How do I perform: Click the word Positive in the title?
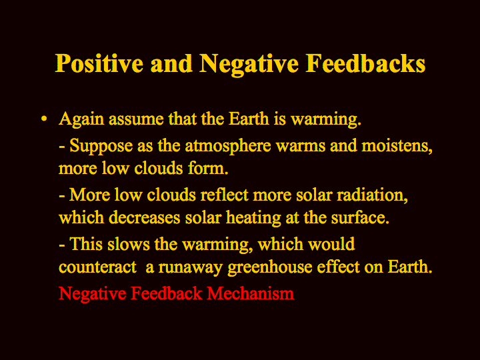click(x=99, y=64)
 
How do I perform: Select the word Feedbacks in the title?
click(x=365, y=63)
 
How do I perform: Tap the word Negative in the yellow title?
click(x=249, y=65)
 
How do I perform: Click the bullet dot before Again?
click(x=45, y=119)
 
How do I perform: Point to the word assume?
click(x=136, y=119)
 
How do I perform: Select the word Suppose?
click(x=101, y=146)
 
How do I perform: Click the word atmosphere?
click(x=228, y=145)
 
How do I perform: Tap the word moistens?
click(x=397, y=146)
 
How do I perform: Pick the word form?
click(x=208, y=168)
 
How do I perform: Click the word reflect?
click(x=224, y=195)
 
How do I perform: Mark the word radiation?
click(x=372, y=195)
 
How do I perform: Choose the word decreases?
click(x=145, y=217)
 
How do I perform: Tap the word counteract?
click(x=97, y=267)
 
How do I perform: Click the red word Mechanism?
click(x=251, y=293)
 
